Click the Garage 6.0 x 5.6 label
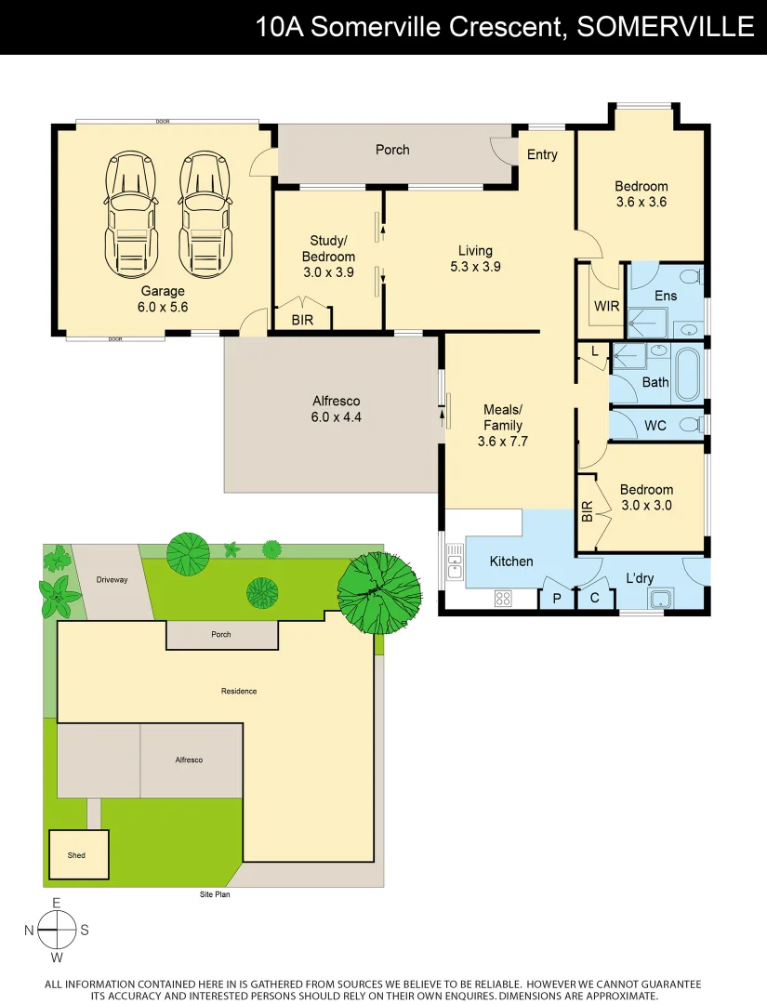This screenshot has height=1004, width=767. pyautogui.click(x=163, y=298)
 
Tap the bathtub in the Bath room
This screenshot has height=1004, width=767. pyautogui.click(x=689, y=374)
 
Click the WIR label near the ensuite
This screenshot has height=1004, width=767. pyautogui.click(x=607, y=306)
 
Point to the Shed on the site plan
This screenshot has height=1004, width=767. pyautogui.click(x=76, y=854)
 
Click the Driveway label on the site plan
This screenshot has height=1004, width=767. pyautogui.click(x=112, y=580)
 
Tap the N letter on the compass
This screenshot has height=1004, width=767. pyautogui.click(x=29, y=930)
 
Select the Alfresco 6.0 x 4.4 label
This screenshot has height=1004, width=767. pyautogui.click(x=337, y=410)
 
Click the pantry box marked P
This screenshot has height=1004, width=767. pyautogui.click(x=557, y=599)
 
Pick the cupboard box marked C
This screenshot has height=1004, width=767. pyautogui.click(x=595, y=599)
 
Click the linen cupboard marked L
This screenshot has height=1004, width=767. pyautogui.click(x=594, y=350)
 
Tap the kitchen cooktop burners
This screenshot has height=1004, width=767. pyautogui.click(x=504, y=598)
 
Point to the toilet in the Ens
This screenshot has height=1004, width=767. pyautogui.click(x=689, y=275)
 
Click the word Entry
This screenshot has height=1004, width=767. pyautogui.click(x=542, y=154)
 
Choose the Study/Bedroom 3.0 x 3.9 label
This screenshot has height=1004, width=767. pyautogui.click(x=328, y=257)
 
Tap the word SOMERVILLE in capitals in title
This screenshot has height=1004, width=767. pyautogui.click(x=666, y=27)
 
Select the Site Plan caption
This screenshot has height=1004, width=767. pyautogui.click(x=215, y=895)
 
